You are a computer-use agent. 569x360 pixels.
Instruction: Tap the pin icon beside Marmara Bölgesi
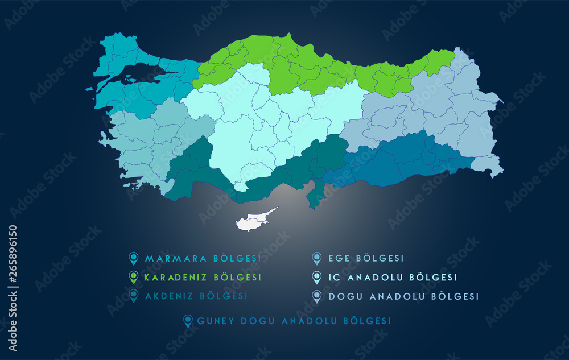coord(134,259)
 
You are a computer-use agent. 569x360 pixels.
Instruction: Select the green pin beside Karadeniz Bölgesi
coord(134,277)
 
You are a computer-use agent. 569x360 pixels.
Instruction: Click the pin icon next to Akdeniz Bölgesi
coord(134,296)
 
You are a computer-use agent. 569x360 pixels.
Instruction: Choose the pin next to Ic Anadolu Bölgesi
coord(317,277)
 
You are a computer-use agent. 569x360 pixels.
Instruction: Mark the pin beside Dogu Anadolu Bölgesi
coord(317,296)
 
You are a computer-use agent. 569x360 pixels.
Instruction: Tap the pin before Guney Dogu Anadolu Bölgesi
coord(188,321)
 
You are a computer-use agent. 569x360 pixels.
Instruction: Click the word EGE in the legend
coord(339,259)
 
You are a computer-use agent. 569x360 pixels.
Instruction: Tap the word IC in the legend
coord(334,278)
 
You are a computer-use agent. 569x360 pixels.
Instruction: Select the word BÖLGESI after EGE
coord(380,259)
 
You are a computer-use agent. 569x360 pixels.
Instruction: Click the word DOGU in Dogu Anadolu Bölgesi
coord(345,296)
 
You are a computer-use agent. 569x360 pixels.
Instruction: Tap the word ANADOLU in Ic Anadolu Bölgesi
coord(376,278)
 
